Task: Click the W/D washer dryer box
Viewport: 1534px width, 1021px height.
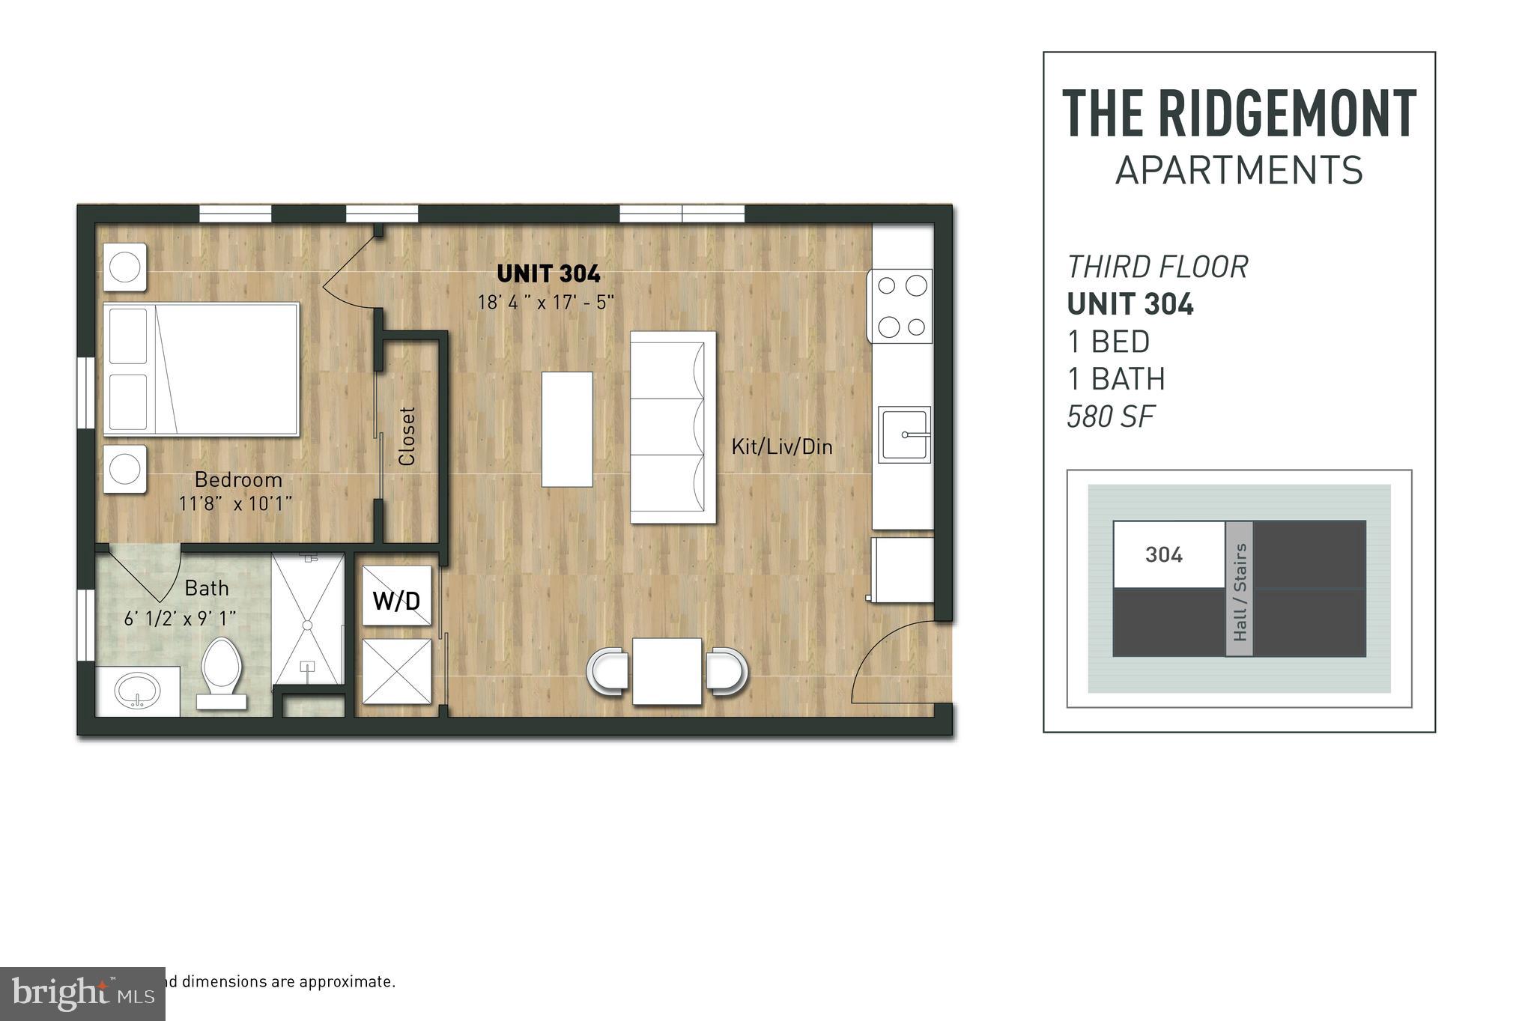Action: (396, 596)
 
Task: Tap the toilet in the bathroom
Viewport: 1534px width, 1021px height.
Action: (221, 670)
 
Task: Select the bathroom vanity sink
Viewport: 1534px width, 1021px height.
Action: (137, 691)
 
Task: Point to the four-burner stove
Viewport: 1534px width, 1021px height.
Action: (901, 306)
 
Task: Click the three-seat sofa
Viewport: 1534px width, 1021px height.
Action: (672, 427)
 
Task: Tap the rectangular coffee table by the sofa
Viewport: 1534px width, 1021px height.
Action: (567, 429)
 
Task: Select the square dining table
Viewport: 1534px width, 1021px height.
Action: (667, 671)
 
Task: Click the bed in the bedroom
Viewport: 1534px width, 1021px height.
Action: (201, 369)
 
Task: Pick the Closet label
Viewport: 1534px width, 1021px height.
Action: (407, 436)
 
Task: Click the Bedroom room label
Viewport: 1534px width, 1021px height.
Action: (238, 479)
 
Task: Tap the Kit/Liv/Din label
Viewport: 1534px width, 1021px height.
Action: (781, 447)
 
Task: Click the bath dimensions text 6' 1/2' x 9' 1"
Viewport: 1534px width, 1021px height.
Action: (180, 619)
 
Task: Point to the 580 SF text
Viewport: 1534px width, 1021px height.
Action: (1110, 416)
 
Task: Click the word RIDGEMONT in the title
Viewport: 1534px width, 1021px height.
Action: (1286, 114)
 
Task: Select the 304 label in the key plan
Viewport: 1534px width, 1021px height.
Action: (1163, 555)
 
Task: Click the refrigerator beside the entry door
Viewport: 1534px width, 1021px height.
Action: (903, 569)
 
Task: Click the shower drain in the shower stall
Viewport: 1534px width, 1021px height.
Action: (307, 625)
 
